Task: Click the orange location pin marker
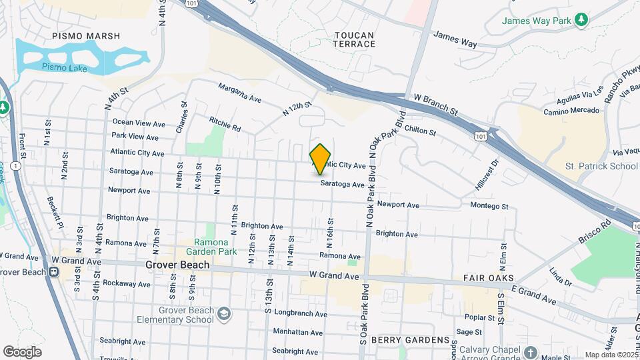point(321,159)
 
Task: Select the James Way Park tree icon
point(582,19)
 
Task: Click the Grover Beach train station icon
point(53,272)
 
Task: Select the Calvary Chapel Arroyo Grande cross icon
point(530,352)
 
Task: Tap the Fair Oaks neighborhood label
point(488,277)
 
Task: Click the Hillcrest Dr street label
point(485,173)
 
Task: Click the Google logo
point(22,352)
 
